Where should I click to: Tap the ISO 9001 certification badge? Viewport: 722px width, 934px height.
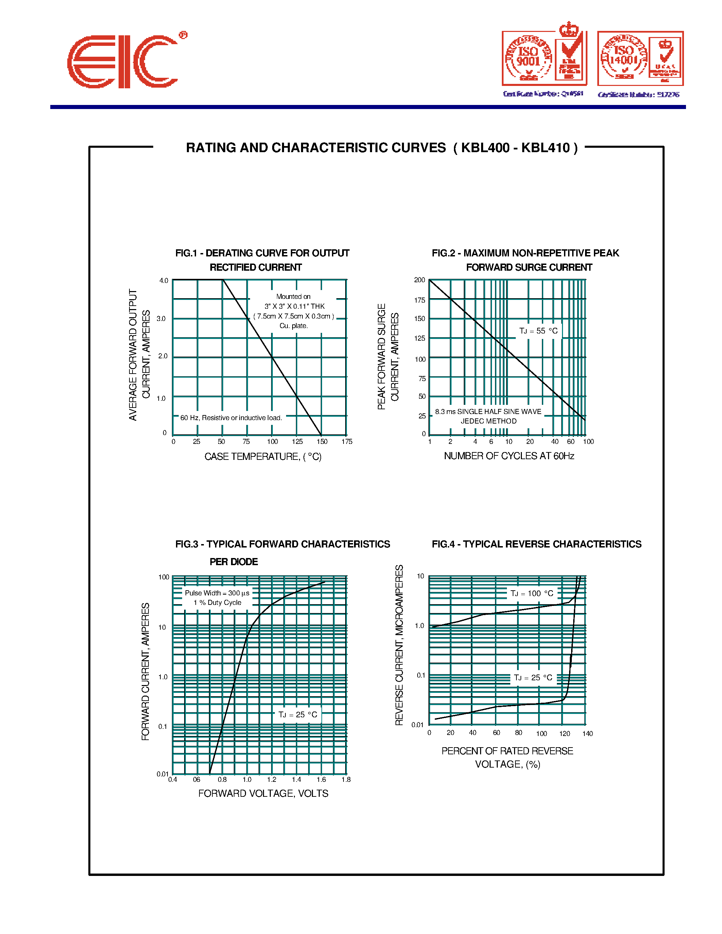coord(544,59)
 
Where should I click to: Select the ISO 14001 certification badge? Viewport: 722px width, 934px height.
coord(640,59)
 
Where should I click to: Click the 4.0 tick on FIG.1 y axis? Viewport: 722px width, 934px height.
coord(164,281)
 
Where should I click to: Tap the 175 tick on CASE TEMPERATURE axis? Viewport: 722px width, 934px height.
coord(347,441)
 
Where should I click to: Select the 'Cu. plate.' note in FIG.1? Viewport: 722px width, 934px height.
coord(294,326)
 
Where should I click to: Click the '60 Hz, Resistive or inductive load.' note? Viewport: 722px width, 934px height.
coord(231,418)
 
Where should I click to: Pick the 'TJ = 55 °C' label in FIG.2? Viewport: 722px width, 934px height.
coord(538,331)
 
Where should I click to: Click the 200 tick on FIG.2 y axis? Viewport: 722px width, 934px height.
coord(420,280)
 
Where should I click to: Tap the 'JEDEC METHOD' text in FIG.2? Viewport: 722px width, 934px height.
coord(489,421)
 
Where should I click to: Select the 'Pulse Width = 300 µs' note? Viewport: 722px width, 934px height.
coord(217,593)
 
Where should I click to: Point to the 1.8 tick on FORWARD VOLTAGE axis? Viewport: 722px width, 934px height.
coord(346,779)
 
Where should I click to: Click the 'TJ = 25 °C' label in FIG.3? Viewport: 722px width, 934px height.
coord(298,715)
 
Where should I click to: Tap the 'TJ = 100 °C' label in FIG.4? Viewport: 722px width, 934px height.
coord(532,594)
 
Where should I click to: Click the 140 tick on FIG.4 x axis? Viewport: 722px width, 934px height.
coord(587,734)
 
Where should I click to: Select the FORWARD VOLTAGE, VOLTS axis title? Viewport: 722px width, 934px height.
coord(263,794)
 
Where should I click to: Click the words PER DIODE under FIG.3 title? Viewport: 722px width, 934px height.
coord(233,562)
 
